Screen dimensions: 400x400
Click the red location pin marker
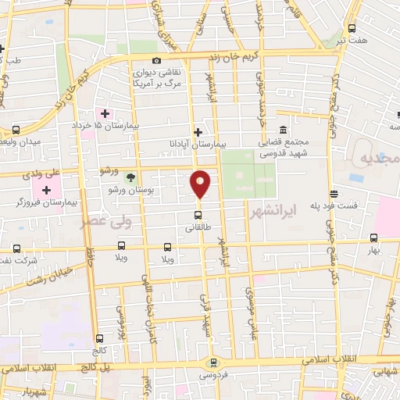click(x=201, y=183)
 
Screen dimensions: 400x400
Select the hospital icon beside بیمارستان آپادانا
click(x=198, y=132)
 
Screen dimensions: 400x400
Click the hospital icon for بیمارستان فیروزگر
click(x=46, y=190)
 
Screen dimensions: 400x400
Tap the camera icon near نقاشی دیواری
click(x=156, y=60)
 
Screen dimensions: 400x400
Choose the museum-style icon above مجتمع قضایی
click(x=282, y=130)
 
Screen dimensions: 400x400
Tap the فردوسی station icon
click(x=212, y=362)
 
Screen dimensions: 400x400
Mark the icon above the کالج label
click(x=99, y=338)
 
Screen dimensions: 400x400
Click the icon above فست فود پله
click(x=334, y=193)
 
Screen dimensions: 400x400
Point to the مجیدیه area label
click(x=379, y=159)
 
